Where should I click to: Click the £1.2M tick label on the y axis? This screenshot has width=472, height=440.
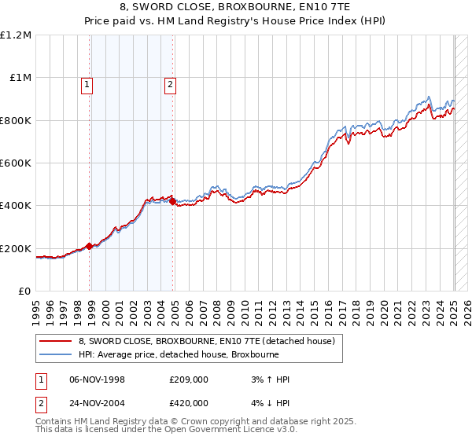click(16, 35)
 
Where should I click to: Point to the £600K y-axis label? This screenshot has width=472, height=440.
click(16, 163)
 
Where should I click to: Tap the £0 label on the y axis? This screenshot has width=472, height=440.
click(24, 291)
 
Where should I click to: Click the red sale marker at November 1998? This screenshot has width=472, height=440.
click(90, 246)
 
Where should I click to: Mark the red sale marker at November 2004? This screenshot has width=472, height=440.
click(173, 202)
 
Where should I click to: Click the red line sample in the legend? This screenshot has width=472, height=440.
click(56, 341)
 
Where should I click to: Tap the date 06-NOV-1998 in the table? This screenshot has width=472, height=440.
click(98, 379)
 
